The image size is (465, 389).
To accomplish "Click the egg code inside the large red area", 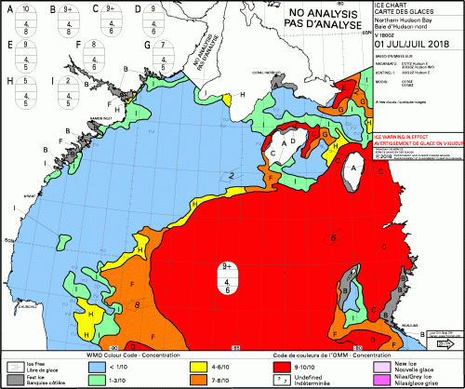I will tap(227, 278).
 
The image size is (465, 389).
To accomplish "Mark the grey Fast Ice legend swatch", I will tap(16, 380).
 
